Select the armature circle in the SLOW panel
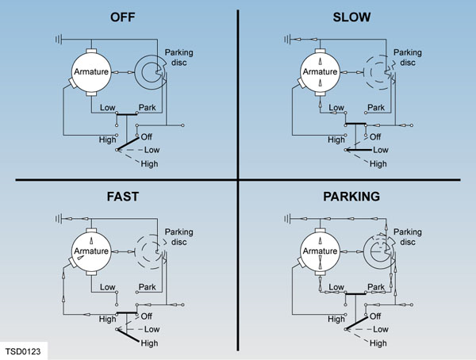tap(321, 71)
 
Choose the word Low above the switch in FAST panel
tap(110, 287)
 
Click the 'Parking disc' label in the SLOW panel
tap(406, 58)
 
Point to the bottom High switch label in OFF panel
tap(148, 164)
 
